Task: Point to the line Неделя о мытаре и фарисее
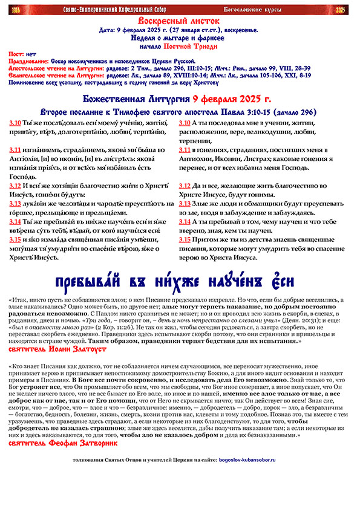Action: tap(180, 37)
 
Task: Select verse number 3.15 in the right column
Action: tap(185, 240)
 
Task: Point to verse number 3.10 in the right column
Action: tap(185, 123)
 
